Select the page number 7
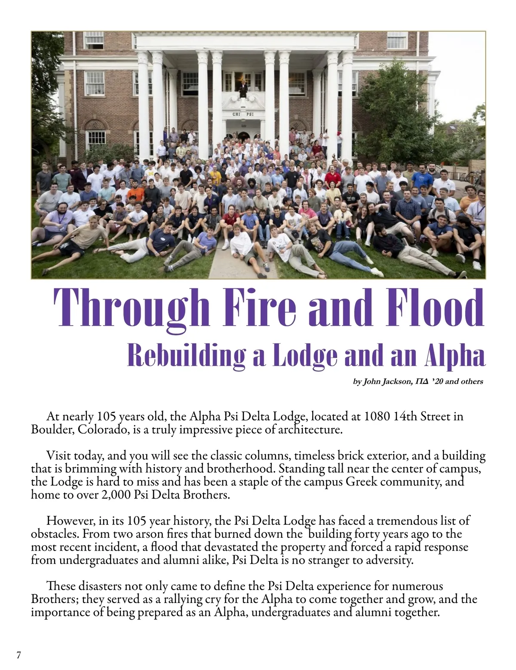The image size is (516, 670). pyautogui.click(x=18, y=655)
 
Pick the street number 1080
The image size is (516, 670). pyautogui.click(x=377, y=416)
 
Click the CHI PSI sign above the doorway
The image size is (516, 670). pyautogui.click(x=243, y=114)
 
